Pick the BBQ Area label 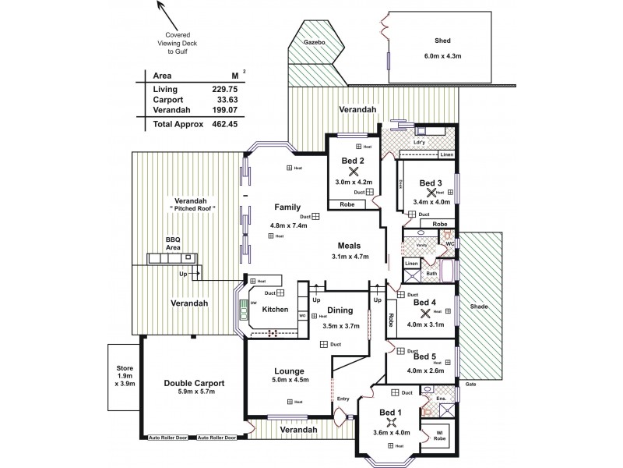[172, 240]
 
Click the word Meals [349, 244]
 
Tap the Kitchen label [275, 310]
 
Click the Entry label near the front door [343, 398]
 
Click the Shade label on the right [478, 307]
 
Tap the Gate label [470, 385]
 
